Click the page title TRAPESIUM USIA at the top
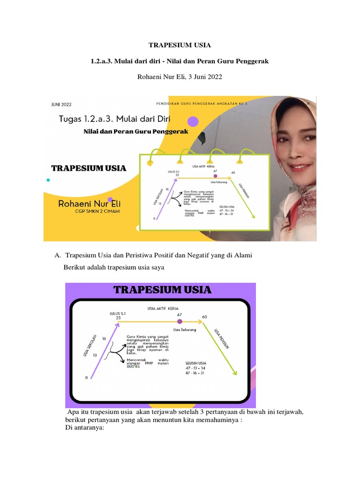pos(180,45)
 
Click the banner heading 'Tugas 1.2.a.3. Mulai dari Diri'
pos(120,120)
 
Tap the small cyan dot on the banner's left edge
pos(47,180)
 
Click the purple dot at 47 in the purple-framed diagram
pos(180,322)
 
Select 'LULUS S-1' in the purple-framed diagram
pos(117,313)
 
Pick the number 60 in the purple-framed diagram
pos(204,317)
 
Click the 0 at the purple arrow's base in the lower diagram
pos(86,378)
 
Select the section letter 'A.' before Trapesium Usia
pos(58,255)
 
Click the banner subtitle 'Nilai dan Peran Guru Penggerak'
pos(135,132)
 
